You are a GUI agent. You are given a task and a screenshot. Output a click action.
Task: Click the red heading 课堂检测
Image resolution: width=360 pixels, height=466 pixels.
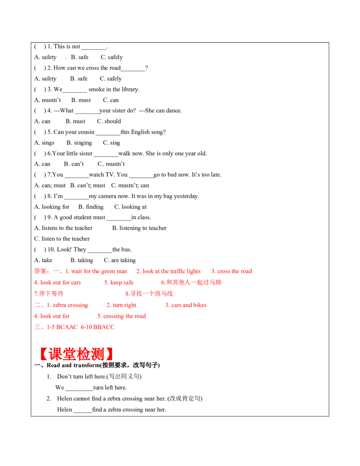(76, 353)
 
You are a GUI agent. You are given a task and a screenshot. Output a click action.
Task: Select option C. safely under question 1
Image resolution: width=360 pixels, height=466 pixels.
(112, 57)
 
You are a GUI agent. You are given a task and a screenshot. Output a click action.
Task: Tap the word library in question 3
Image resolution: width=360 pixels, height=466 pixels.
(130, 90)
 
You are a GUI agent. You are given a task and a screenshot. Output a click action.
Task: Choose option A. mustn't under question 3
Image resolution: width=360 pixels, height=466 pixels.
(48, 100)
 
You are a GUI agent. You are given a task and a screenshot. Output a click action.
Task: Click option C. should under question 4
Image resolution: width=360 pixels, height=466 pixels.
(109, 121)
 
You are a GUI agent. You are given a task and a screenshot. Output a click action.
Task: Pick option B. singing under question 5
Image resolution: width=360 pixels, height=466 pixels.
(79, 143)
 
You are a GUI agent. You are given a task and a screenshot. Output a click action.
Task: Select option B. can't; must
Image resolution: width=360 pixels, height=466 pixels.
(88, 185)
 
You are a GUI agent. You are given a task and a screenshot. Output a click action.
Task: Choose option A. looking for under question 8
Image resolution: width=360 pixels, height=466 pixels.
(52, 207)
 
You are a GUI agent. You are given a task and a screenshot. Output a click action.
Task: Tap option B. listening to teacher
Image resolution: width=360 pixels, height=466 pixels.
(139, 228)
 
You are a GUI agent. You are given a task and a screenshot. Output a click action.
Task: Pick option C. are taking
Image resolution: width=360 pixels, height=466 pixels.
(120, 260)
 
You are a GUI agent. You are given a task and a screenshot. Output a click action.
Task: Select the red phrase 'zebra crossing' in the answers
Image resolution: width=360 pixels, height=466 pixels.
(70, 305)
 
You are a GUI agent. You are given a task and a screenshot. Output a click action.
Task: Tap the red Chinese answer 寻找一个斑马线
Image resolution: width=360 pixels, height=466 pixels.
(152, 294)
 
